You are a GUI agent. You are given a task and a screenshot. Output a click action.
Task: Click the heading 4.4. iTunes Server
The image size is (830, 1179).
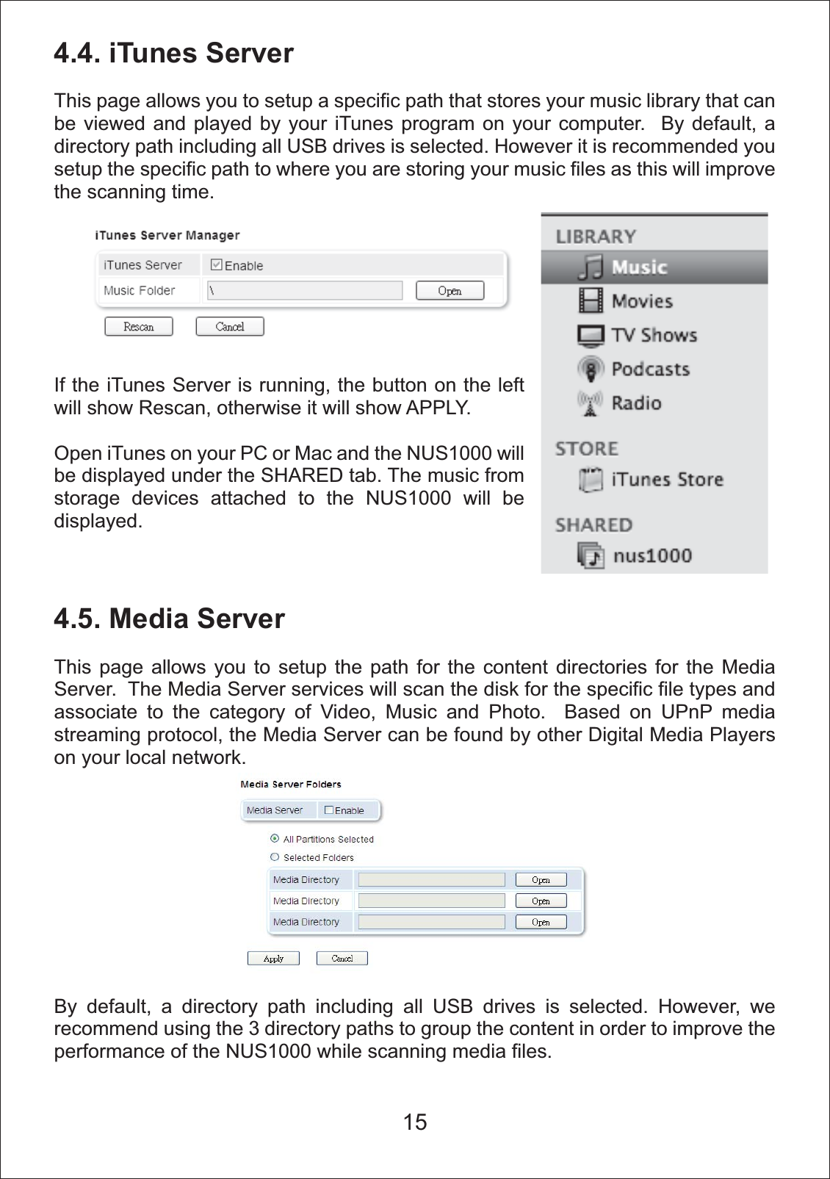click(x=173, y=54)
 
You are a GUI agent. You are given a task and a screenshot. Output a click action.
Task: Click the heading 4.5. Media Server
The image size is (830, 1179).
click(x=169, y=619)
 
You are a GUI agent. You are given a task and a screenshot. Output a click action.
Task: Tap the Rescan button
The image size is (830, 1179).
click(x=139, y=327)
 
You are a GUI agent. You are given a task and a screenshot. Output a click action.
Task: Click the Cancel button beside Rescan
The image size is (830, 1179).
click(x=230, y=327)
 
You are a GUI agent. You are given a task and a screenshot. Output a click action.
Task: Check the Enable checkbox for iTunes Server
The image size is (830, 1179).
click(x=217, y=264)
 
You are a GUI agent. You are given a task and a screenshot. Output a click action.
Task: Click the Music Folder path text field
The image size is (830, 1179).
click(x=305, y=290)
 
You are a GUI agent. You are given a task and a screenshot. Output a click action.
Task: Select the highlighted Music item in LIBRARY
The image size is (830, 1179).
click(x=639, y=267)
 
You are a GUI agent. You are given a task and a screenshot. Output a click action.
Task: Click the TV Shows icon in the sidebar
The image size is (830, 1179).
click(x=591, y=336)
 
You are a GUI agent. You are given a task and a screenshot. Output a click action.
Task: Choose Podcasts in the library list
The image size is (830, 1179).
click(x=650, y=369)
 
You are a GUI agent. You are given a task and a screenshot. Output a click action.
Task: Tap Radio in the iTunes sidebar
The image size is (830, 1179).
click(x=636, y=403)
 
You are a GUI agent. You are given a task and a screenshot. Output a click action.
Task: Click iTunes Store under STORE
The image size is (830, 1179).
click(x=667, y=480)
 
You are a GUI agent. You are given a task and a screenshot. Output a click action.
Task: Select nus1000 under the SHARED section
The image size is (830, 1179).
click(x=652, y=555)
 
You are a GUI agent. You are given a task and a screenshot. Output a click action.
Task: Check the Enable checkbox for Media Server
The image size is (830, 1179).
click(x=329, y=810)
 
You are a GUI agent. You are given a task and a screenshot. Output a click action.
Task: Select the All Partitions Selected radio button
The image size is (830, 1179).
click(x=275, y=838)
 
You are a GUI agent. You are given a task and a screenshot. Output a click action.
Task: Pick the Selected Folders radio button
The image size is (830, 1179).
click(x=275, y=857)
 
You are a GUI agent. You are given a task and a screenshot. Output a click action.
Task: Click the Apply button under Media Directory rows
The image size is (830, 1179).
click(x=273, y=959)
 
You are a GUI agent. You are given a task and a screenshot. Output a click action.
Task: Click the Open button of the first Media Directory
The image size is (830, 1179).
click(x=541, y=880)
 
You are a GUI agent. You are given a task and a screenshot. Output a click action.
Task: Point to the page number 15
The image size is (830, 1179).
click(x=415, y=1122)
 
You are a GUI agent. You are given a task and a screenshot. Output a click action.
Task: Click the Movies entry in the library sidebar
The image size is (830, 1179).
click(x=642, y=301)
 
